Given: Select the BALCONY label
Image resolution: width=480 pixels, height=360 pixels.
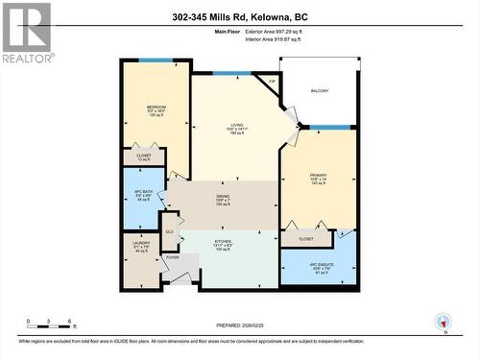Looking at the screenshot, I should (319, 91).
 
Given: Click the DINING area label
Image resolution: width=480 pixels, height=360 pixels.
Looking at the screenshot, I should (223, 200).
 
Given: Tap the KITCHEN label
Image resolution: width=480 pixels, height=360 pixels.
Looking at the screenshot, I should (223, 244).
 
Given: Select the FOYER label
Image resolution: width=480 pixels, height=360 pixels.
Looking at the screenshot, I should (172, 257).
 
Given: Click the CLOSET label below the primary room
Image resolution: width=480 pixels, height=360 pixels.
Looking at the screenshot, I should (306, 237).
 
